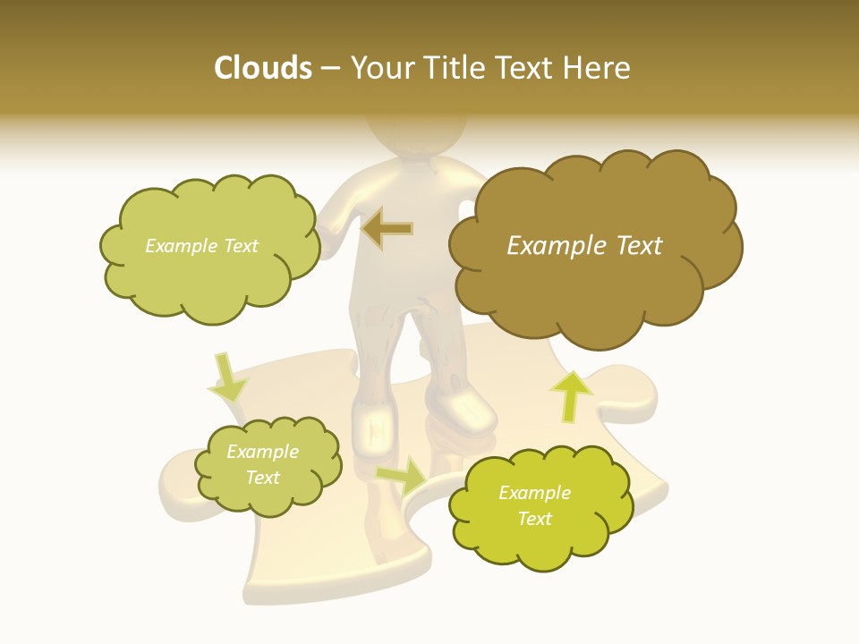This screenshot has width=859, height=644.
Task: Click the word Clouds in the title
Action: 262,68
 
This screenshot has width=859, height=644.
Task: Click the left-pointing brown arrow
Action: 387,229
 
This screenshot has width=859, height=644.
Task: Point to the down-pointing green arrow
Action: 227,377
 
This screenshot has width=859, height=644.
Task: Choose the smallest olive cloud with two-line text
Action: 268,466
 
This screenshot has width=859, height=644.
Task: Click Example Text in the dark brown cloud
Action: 584,246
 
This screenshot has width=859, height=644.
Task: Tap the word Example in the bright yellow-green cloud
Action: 534,493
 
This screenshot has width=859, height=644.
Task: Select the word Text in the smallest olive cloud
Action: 262,478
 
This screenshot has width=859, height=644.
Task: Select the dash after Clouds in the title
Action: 329,69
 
